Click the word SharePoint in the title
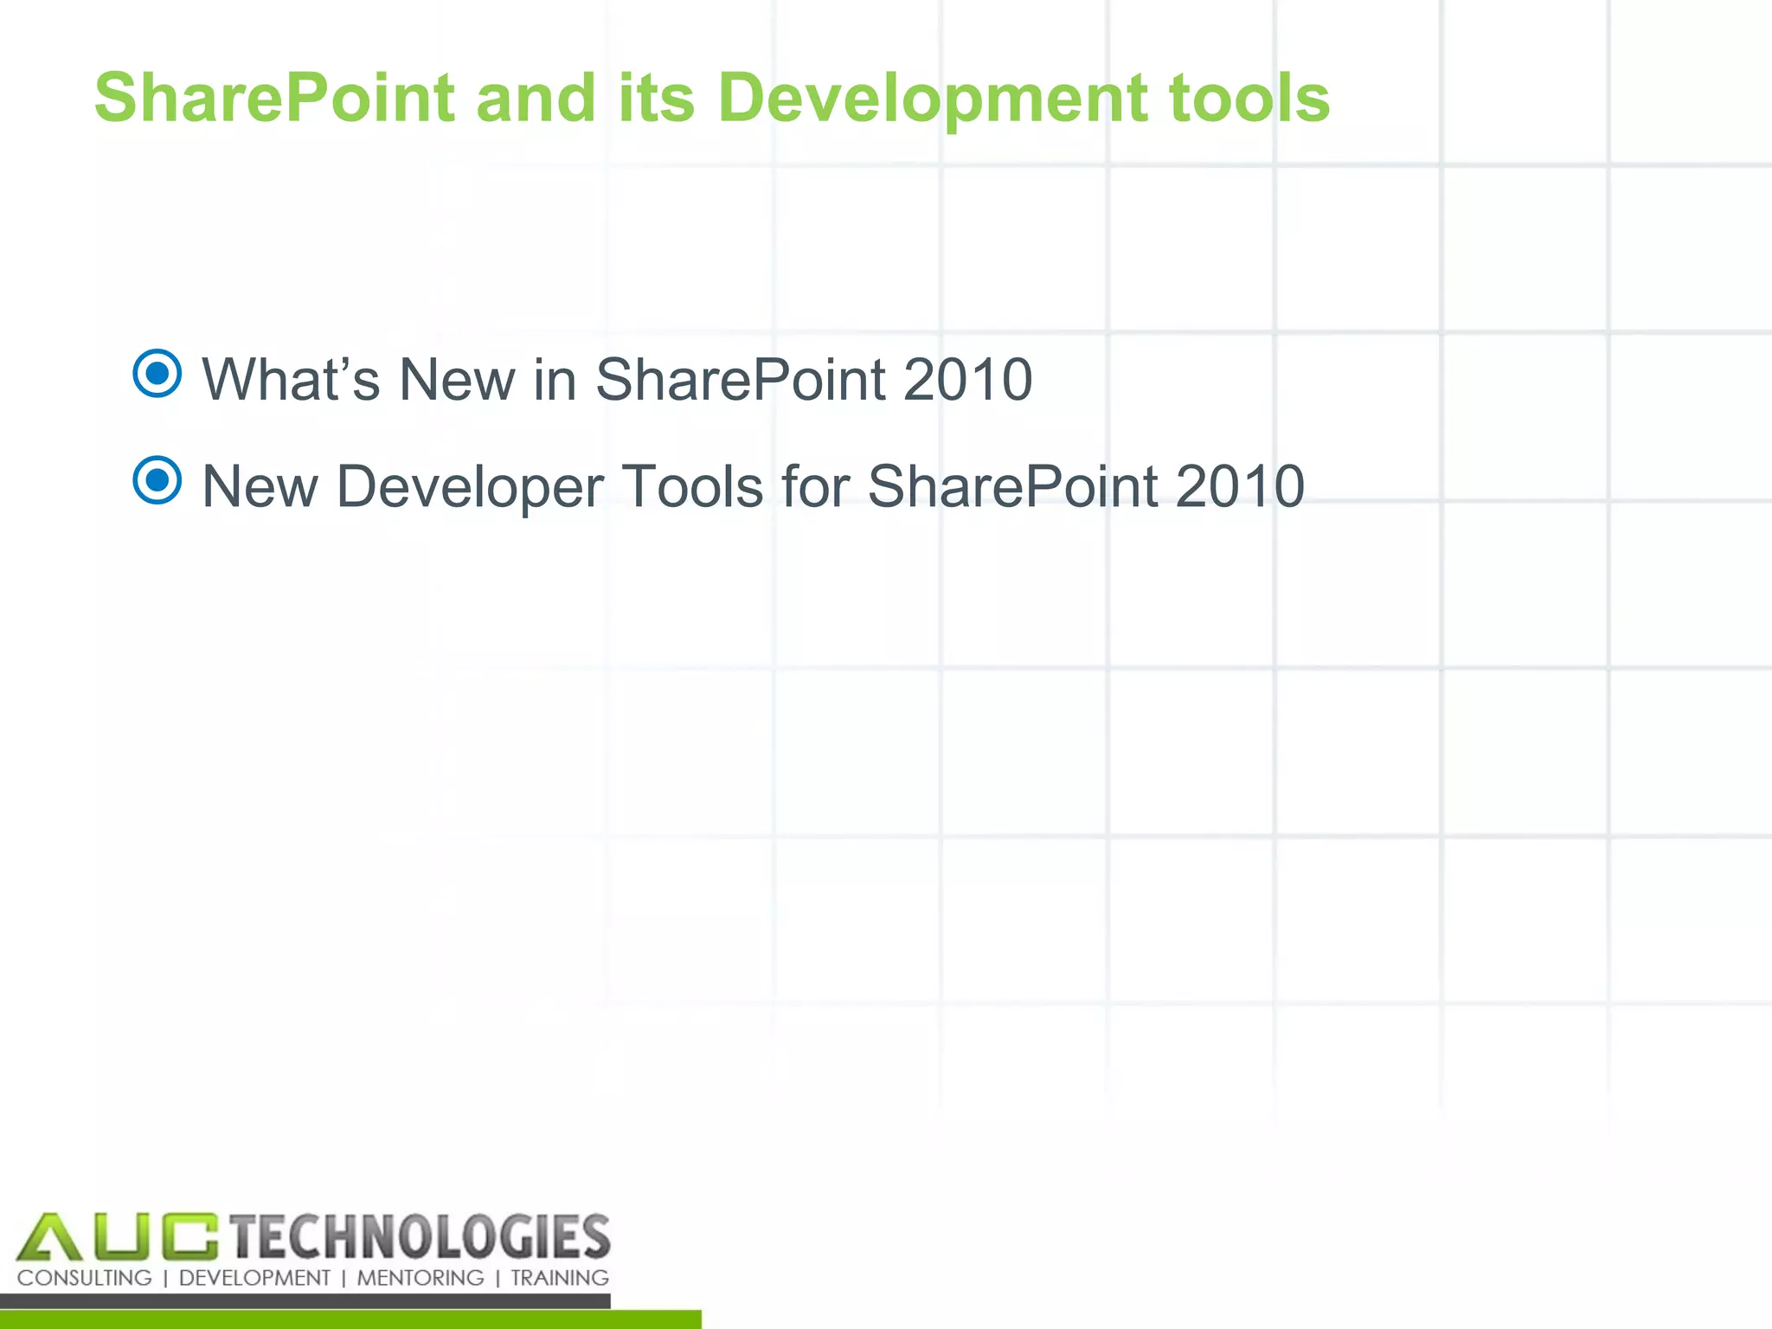[274, 99]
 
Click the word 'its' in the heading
[656, 99]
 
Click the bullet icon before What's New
[157, 374]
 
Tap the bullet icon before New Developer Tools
[157, 480]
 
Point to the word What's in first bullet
[291, 380]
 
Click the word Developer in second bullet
[470, 486]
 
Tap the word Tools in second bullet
[692, 486]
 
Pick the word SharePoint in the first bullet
[741, 380]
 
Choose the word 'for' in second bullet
[815, 486]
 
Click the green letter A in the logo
[49, 1237]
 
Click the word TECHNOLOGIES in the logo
[421, 1237]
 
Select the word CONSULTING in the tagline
[84, 1278]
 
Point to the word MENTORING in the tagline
[421, 1278]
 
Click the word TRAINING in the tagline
[559, 1278]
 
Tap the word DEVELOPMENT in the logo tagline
[254, 1278]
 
